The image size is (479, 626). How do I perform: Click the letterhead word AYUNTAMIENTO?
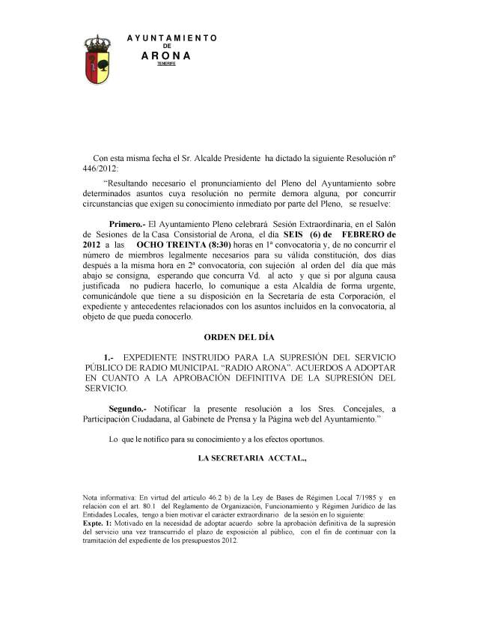[172, 37]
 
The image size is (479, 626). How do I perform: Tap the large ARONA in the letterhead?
[166, 55]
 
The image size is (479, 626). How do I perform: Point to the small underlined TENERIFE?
[166, 64]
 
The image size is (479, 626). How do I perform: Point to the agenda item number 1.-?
[111, 357]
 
